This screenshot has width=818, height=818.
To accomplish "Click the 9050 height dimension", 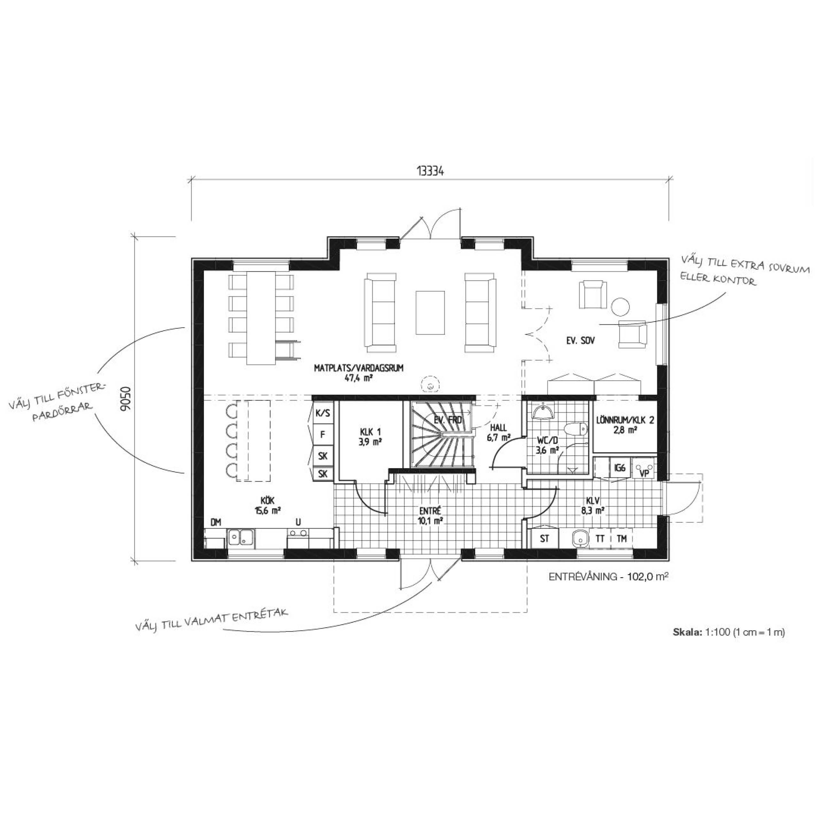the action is pos(126,398).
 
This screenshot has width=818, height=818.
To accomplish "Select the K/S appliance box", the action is pos(323,413).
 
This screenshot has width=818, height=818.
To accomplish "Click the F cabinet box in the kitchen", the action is pos(323,435).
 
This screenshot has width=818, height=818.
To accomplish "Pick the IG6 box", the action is pos(620,468).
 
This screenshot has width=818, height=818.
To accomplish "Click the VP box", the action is pos(645,471).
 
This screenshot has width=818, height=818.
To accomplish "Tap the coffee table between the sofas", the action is pos(430,313).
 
